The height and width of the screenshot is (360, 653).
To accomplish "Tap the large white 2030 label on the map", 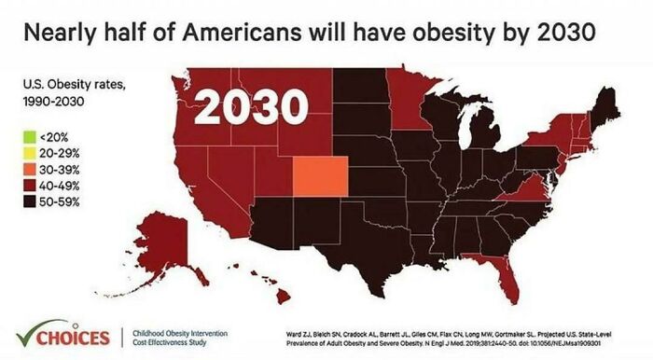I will coord(251,107).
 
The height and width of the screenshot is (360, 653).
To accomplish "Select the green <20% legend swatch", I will coord(31,136).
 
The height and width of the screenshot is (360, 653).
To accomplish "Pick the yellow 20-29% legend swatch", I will coord(31,152).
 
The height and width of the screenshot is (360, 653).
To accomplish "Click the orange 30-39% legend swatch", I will coord(31,168).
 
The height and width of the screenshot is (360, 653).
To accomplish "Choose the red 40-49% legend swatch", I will coord(31,185).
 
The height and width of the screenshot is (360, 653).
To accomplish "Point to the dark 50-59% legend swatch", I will coord(31,201).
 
